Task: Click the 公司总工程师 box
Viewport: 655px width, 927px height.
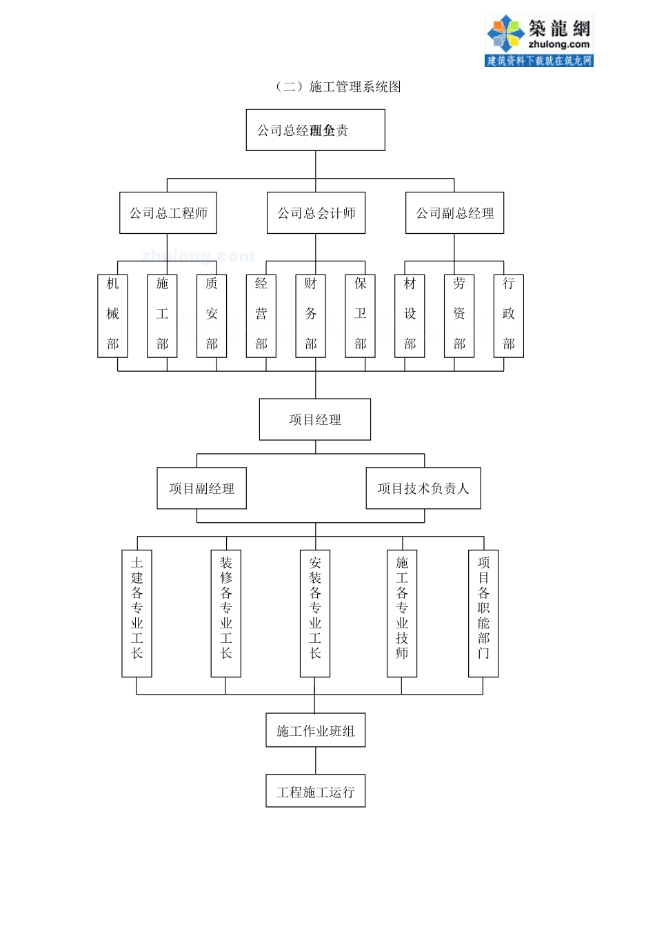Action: pyautogui.click(x=168, y=213)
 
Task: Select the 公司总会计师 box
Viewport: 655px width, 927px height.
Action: pyautogui.click(x=316, y=213)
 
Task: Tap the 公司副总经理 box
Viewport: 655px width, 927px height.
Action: pyautogui.click(x=454, y=213)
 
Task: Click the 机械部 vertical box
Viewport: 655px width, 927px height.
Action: pyautogui.click(x=112, y=315)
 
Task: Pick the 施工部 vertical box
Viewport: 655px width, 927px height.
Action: pyautogui.click(x=162, y=315)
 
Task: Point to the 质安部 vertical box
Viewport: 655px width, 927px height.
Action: pyautogui.click(x=212, y=315)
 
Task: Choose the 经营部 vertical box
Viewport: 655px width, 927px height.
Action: pyautogui.click(x=261, y=315)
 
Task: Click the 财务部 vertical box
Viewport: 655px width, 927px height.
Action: pyautogui.click(x=311, y=315)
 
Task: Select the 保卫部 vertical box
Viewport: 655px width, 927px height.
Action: pyautogui.click(x=360, y=315)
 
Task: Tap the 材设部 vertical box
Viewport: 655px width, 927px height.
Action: pyautogui.click(x=410, y=315)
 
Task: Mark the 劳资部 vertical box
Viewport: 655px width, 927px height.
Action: pyautogui.click(x=459, y=315)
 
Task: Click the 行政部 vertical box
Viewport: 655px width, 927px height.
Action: pyautogui.click(x=509, y=315)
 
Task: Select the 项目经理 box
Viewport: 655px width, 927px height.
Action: pyautogui.click(x=315, y=419)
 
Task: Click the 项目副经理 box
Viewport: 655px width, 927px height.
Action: pyautogui.click(x=201, y=488)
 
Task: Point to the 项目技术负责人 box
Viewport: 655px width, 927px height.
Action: pyautogui.click(x=423, y=488)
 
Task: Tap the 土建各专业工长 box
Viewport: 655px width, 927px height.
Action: pyautogui.click(x=137, y=613)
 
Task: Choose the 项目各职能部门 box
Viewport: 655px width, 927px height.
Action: pyautogui.click(x=483, y=613)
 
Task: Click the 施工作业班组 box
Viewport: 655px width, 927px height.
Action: pyautogui.click(x=315, y=730)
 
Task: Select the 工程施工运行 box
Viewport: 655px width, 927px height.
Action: pyautogui.click(x=315, y=791)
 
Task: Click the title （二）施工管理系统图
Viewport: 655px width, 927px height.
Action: pyautogui.click(x=338, y=86)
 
